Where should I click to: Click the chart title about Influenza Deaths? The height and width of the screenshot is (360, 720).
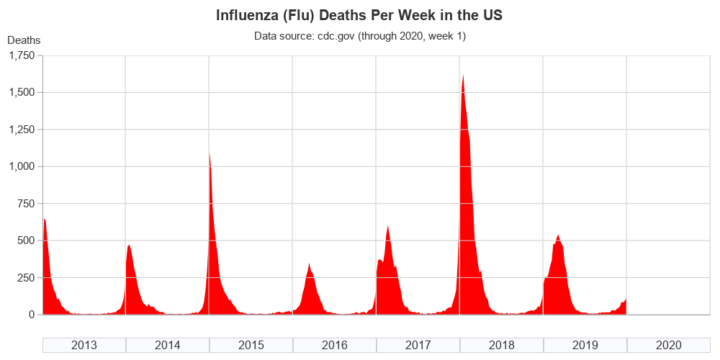point(360,15)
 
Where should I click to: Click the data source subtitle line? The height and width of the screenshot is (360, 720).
point(360,36)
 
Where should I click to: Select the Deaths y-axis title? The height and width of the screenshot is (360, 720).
point(24,40)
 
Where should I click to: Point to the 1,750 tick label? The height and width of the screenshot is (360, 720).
point(20,56)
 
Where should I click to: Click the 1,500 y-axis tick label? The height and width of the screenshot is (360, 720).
point(20,93)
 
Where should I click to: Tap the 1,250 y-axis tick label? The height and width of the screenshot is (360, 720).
point(20,130)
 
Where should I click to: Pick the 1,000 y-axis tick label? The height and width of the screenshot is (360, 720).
point(20,166)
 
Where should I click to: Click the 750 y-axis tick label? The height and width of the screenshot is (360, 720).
point(26,204)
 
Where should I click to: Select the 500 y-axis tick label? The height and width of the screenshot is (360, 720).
point(26,240)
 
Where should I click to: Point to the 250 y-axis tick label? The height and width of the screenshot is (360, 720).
point(26,277)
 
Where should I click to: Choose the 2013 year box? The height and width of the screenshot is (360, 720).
point(84,345)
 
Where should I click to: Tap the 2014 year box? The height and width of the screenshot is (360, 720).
point(168,345)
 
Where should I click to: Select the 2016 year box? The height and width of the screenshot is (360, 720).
point(335,345)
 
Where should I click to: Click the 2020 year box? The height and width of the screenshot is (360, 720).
point(669,345)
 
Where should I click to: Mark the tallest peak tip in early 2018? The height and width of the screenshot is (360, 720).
point(463,75)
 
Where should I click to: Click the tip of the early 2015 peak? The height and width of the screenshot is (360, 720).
point(210,152)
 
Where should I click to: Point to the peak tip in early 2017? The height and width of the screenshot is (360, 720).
point(388,226)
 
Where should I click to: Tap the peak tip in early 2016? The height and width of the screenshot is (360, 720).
point(310,264)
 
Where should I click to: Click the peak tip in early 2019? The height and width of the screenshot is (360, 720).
point(558,235)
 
